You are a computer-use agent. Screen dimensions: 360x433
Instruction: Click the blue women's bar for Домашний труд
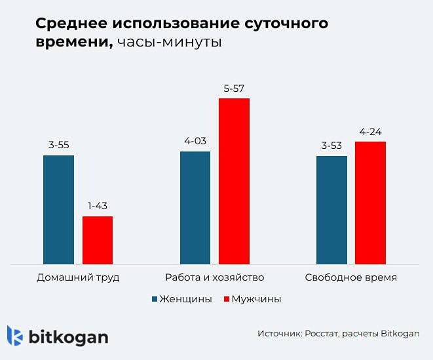pyautogui.click(x=58, y=210)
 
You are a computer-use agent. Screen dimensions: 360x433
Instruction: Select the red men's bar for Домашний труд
pyautogui.click(x=98, y=240)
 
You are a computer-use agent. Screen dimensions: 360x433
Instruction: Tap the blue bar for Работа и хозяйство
pyautogui.click(x=195, y=208)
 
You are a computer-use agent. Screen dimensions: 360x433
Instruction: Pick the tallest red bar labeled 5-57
pyautogui.click(x=234, y=181)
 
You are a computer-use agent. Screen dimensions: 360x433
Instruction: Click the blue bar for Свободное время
pyautogui.click(x=331, y=210)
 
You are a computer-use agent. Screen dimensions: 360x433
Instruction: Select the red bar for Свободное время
pyautogui.click(x=370, y=203)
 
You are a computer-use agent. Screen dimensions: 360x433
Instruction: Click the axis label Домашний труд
pyautogui.click(x=78, y=277)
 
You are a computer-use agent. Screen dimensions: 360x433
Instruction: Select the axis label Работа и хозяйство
pyautogui.click(x=214, y=277)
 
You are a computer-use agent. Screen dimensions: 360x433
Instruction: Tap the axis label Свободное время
pyautogui.click(x=351, y=277)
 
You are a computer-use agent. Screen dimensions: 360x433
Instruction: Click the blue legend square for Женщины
pyautogui.click(x=155, y=299)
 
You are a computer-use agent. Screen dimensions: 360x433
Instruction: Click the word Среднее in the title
pyautogui.click(x=71, y=24)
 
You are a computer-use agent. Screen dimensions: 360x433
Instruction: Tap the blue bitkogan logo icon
pyautogui.click(x=15, y=336)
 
